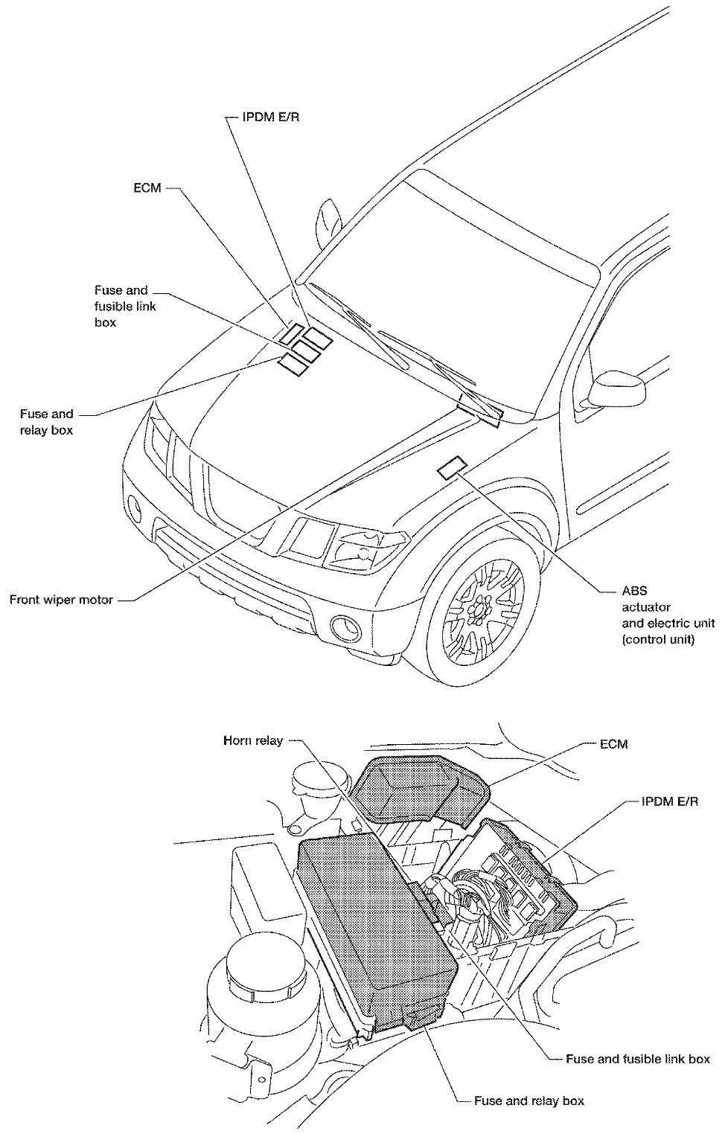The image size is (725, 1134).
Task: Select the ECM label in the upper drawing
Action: click(147, 188)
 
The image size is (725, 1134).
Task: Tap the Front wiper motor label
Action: click(61, 600)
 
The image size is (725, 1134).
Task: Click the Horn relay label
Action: click(253, 741)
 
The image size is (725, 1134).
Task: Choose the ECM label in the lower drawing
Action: click(613, 743)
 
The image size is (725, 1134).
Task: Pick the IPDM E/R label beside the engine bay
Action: click(669, 803)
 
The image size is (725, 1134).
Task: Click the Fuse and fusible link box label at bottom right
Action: click(637, 1058)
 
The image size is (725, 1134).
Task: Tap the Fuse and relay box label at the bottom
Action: click(528, 1101)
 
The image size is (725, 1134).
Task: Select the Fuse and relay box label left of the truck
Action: click(46, 422)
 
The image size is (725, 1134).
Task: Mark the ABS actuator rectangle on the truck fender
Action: click(452, 469)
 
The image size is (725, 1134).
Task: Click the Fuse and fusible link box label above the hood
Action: click(125, 306)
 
